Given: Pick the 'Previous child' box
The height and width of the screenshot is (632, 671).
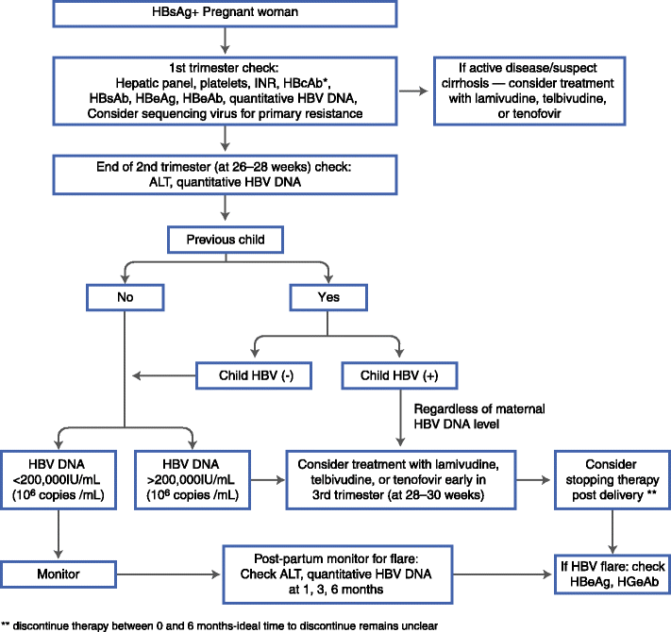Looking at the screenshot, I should tap(226, 239).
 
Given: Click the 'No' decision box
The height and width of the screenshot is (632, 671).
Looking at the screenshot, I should tap(124, 298).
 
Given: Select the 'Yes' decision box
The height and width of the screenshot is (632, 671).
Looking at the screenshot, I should tap(327, 298).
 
